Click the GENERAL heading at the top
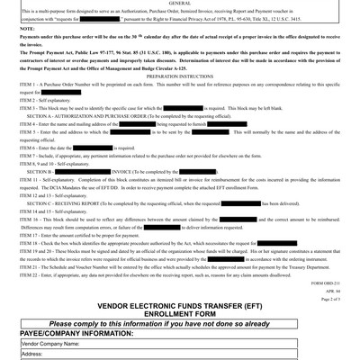(180, 4)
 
